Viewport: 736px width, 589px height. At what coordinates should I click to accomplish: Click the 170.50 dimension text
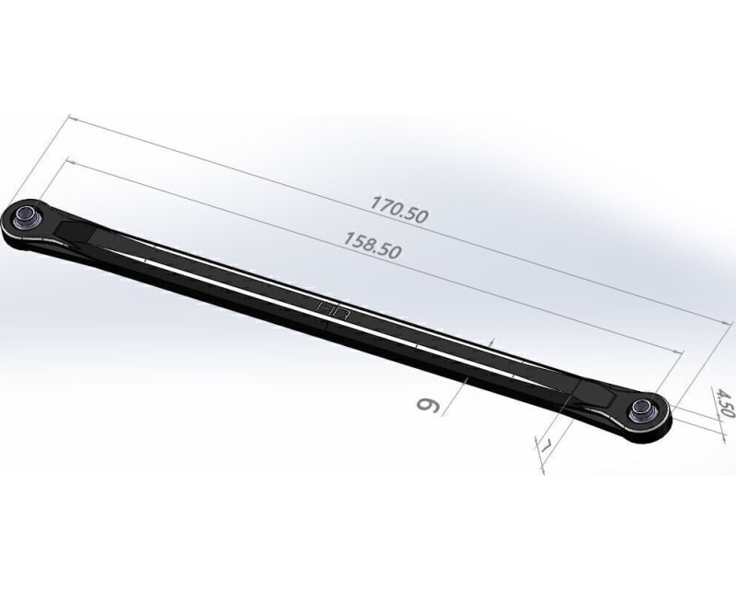399,210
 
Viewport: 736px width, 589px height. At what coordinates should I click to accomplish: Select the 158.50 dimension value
373,245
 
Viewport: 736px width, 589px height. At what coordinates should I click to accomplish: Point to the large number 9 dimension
429,405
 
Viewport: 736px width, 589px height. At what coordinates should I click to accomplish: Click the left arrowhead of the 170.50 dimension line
73,118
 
